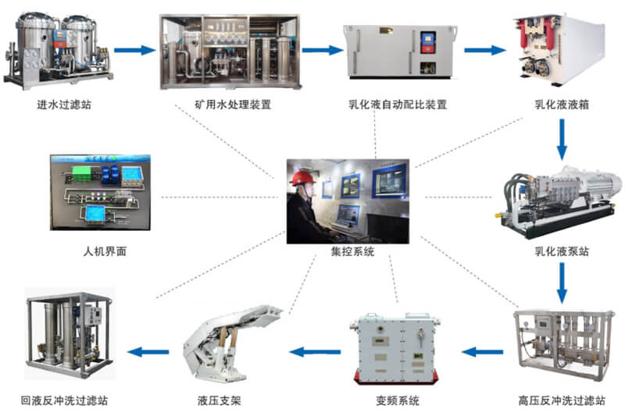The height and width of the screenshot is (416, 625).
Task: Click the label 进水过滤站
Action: pos(59,105)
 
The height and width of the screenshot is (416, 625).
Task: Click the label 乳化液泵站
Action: pos(561,252)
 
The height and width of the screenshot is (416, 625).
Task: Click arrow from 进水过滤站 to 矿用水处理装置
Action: pos(134,51)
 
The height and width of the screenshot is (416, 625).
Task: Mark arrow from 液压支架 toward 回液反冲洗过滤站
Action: pos(148,352)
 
